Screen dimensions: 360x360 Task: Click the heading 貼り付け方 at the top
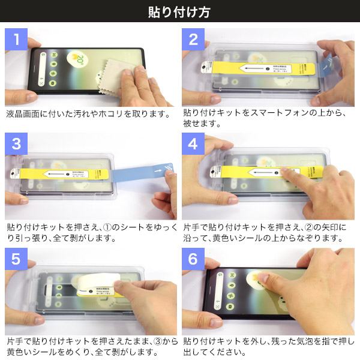pyautogui.click(x=179, y=12)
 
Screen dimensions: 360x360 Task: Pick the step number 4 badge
pyautogui.click(x=193, y=144)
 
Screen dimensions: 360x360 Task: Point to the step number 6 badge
pyautogui.click(x=193, y=259)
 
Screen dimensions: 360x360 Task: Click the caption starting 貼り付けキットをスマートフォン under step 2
pyautogui.click(x=264, y=113)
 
